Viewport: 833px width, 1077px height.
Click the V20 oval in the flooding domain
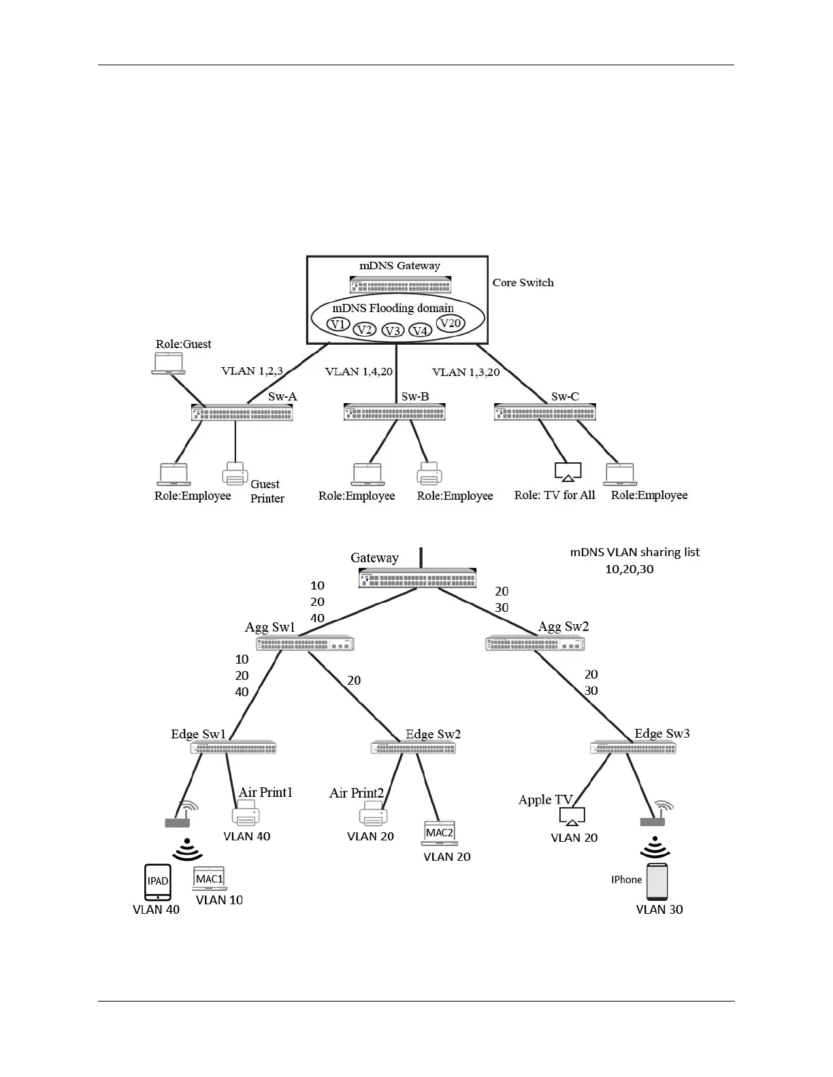[450, 324]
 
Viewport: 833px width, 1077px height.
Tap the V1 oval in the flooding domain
[338, 324]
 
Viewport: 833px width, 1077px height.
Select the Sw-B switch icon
[394, 412]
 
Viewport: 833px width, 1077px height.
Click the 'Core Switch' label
[523, 283]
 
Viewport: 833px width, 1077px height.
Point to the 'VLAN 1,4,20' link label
[359, 372]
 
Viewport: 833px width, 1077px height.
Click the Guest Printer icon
[235, 474]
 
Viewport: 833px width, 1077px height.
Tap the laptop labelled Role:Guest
[168, 364]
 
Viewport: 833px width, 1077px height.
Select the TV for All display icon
[568, 471]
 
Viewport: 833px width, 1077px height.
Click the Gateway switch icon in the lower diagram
[417, 579]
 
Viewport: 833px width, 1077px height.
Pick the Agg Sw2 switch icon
[535, 643]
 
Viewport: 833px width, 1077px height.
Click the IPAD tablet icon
[158, 882]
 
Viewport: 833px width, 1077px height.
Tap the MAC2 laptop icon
[439, 834]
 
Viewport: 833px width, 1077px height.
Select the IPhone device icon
[657, 882]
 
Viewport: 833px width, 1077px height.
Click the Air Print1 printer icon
[246, 814]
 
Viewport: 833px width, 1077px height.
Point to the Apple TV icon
[572, 816]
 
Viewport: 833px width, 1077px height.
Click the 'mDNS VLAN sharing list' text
[634, 553]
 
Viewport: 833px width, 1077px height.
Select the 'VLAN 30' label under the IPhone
[659, 910]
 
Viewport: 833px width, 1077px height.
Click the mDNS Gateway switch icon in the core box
[400, 284]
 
